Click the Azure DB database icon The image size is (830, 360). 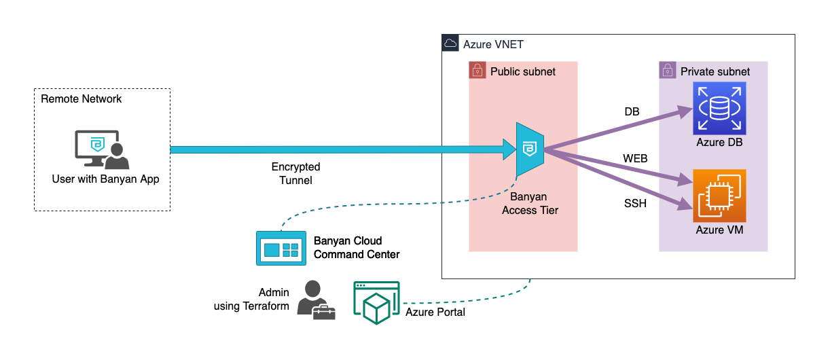pos(719,108)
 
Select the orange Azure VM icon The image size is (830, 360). pos(719,196)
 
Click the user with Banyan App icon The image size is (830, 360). pos(101,150)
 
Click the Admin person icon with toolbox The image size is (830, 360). pos(316,300)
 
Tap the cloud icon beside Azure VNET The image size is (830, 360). pos(450,43)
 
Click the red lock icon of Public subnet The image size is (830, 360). pos(477,71)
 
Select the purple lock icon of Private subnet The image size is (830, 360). pos(667,71)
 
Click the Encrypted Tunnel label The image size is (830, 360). pos(295,173)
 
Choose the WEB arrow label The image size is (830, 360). pos(635,159)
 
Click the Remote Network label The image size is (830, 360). pos(82,99)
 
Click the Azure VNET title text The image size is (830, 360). pos(493,44)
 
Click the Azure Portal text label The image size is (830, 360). pos(435,312)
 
